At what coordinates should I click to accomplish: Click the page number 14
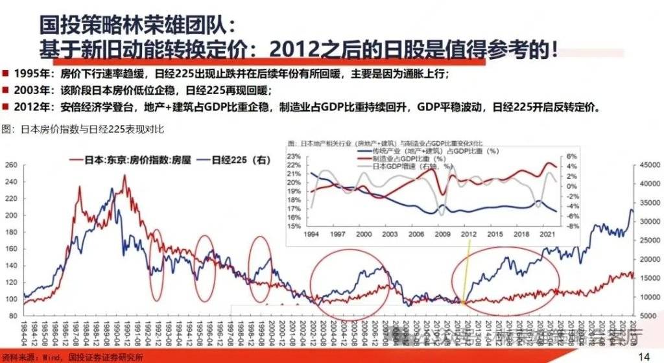(x=644, y=356)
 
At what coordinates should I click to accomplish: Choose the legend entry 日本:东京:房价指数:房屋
(x=117, y=158)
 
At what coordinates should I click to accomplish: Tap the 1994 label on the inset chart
(x=310, y=234)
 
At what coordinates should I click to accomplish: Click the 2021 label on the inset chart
(x=546, y=234)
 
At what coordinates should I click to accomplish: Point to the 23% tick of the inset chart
(x=294, y=156)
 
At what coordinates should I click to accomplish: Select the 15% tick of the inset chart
(x=294, y=226)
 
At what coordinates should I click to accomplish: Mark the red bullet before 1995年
(x=5, y=73)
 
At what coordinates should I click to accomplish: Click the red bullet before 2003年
(x=5, y=90)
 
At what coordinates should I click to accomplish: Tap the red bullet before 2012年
(x=5, y=107)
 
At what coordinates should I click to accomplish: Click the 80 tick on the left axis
(x=12, y=316)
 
